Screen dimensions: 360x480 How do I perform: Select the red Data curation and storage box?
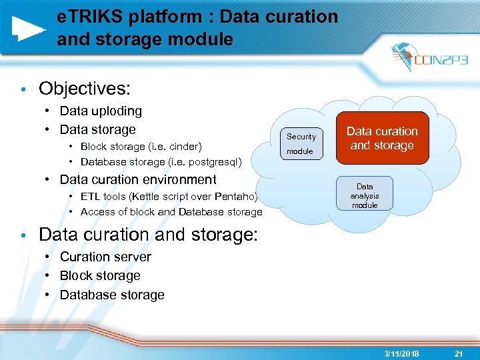coord(383,138)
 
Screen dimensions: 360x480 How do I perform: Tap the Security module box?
coord(301,143)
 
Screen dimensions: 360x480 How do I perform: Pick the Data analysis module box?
coord(365,195)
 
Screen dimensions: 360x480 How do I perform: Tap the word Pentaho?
coord(236,197)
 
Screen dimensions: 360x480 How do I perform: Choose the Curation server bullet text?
coord(105,257)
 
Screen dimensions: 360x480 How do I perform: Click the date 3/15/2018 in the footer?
coord(401,353)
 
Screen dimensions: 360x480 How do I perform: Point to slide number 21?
coord(457,353)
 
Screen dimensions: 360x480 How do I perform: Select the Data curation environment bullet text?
coord(138,179)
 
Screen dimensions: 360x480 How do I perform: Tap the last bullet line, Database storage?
coord(112,295)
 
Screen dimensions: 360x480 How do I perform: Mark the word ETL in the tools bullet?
coord(90,197)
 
